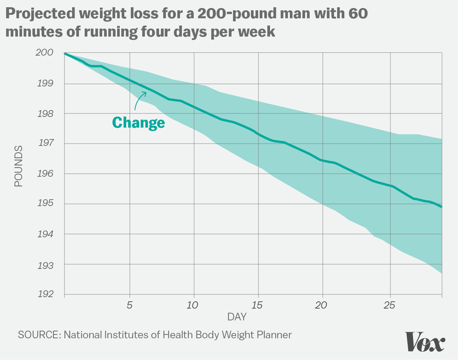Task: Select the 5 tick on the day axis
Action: point(130,304)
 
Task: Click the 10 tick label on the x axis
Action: point(193,304)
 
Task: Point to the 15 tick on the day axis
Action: point(258,304)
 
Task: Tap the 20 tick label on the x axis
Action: point(322,304)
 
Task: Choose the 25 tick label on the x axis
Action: point(388,304)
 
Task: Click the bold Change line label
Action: point(138,122)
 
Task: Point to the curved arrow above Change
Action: point(139,102)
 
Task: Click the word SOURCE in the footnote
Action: point(38,334)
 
